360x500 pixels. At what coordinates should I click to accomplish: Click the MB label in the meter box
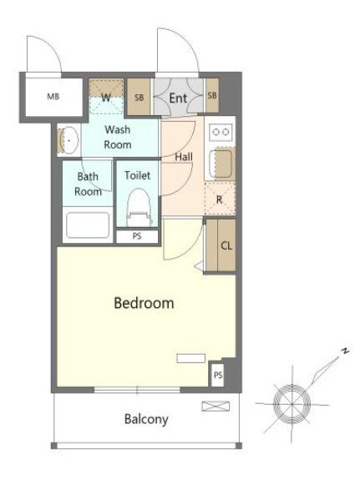pos(53,96)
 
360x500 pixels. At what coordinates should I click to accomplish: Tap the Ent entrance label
pos(178,98)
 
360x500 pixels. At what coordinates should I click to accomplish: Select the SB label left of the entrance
pos(139,98)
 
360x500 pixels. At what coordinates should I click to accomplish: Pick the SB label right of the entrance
pos(212,95)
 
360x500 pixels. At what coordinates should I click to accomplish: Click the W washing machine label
pos(106,98)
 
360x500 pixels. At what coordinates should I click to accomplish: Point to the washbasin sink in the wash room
pos(70,140)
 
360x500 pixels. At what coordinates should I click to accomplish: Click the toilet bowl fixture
pos(138,207)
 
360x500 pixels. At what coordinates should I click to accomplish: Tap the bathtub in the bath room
pos(88,225)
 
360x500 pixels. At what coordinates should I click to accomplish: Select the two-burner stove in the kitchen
pos(221,132)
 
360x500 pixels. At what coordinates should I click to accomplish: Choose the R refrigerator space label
pos(219,200)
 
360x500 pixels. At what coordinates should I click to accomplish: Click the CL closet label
pos(226,245)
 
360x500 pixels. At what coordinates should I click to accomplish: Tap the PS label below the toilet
pos(137,236)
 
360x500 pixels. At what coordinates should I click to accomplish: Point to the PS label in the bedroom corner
pos(218,375)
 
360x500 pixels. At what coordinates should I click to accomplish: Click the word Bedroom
pos(144,303)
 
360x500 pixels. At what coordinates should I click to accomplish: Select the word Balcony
pos(146,419)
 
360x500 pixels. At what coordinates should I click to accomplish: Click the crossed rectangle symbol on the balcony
pos(215,407)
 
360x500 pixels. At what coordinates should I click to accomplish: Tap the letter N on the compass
pos(345,351)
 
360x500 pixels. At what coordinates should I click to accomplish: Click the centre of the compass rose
pos(292,404)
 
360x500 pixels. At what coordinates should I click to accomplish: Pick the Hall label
pos(184,157)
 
